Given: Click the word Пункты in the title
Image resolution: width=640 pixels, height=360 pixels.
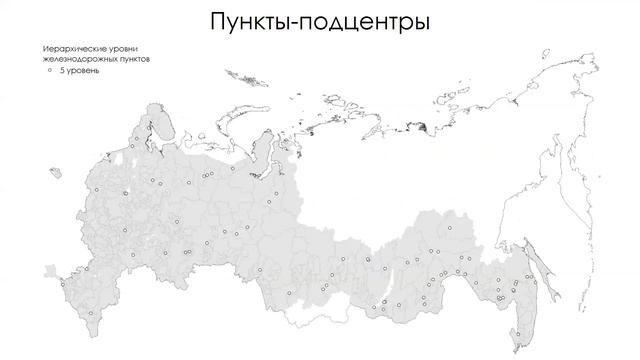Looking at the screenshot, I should point(247,22).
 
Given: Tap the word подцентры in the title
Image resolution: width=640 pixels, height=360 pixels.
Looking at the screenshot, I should point(365,22).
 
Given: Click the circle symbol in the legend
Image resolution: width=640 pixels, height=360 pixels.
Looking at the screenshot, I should point(48,70).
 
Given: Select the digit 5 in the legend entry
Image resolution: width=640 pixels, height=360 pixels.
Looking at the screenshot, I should point(63,71).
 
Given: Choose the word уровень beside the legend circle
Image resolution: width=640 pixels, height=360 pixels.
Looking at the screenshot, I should point(83,71).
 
